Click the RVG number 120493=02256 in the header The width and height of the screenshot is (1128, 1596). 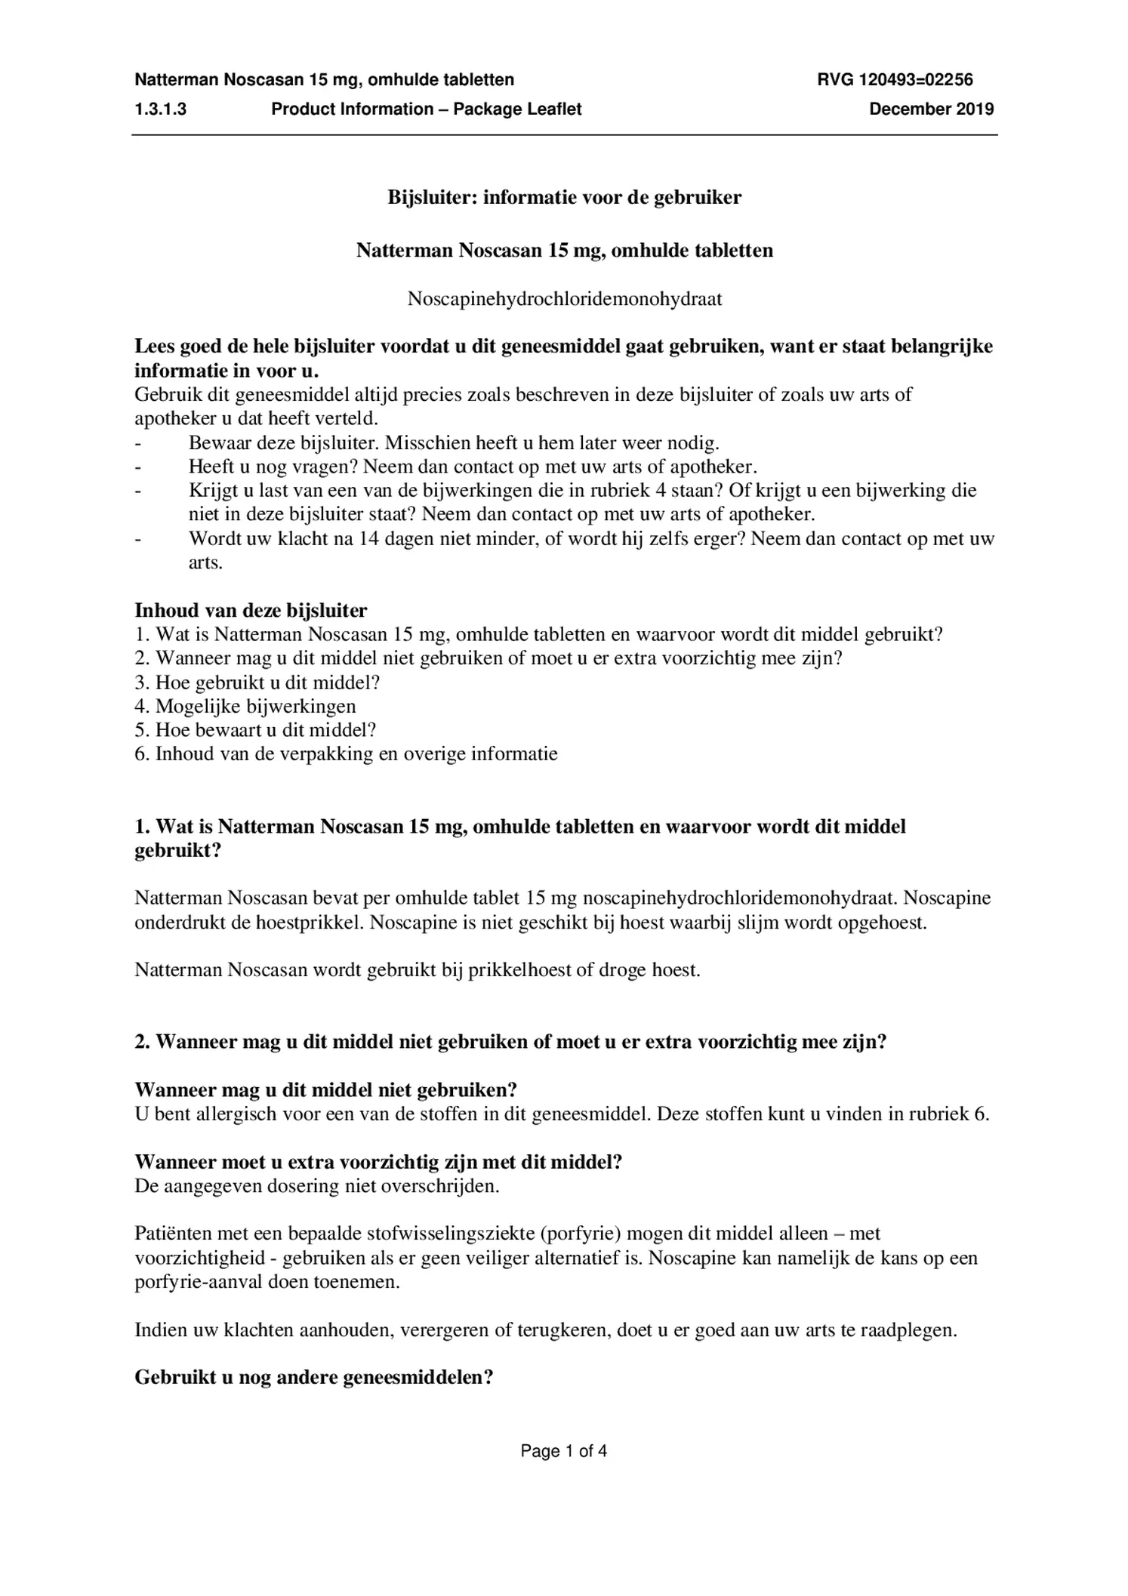pos(895,79)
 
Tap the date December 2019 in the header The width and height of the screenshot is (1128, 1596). pos(931,109)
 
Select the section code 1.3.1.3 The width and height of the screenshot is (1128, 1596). pos(161,109)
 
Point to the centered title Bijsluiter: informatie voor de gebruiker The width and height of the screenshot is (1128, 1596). pos(564,198)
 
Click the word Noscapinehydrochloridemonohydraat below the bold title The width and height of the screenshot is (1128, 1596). pos(564,299)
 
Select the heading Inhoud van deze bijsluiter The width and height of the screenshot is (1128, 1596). pos(251,610)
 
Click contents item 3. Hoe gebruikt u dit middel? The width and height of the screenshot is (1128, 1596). pos(257,682)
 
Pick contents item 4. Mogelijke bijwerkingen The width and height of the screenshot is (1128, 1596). pos(245,707)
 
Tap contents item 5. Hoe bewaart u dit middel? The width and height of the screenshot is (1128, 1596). pos(255,730)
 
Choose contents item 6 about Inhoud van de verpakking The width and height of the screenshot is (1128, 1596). pos(346,754)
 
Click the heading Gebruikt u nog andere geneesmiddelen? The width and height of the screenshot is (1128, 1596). pos(313,1378)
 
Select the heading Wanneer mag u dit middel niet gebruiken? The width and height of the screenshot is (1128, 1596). pos(325,1090)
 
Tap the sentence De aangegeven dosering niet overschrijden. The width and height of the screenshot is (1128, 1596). pos(316,1186)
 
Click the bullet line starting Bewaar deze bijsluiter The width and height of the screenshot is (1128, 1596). pos(453,442)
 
